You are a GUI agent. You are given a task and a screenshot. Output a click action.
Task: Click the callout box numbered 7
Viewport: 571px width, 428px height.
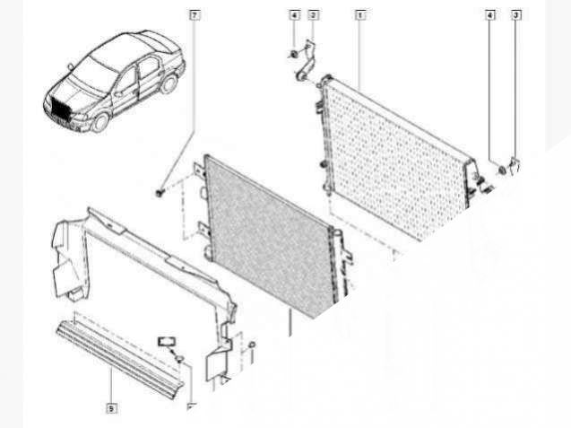point(195,15)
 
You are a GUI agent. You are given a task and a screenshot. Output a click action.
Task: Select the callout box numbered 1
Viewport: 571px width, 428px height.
point(359,15)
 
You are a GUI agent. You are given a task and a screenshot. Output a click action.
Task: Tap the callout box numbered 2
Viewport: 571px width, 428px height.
point(313,15)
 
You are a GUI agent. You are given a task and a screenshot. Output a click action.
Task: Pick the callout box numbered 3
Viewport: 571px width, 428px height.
point(516,15)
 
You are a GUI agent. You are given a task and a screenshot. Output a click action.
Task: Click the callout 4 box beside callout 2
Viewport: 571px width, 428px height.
point(295,15)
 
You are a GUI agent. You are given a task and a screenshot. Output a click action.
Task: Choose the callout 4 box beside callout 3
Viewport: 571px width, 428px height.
point(490,15)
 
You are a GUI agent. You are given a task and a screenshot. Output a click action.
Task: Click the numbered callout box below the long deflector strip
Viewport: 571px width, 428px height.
point(111,408)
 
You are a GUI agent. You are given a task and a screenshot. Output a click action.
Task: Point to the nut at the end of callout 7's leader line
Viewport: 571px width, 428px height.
point(160,193)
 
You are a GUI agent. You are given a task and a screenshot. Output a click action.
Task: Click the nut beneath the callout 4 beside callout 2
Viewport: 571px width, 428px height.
point(293,55)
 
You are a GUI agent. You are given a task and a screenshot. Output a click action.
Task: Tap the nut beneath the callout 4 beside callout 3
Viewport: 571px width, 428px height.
point(502,170)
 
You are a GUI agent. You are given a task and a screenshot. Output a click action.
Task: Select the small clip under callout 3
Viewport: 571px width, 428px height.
point(515,166)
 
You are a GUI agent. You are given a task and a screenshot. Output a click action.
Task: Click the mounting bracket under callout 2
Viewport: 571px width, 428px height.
point(305,61)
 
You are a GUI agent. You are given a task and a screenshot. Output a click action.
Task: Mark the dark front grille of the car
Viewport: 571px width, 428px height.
point(59,109)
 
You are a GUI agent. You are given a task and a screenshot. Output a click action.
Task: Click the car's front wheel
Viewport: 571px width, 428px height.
point(100,122)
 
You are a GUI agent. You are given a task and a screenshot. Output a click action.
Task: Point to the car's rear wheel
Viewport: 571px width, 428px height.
point(169,83)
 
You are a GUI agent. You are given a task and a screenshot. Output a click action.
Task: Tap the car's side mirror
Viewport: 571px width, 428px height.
point(70,66)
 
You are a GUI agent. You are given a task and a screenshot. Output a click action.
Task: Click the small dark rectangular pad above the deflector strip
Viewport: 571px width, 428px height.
point(166,341)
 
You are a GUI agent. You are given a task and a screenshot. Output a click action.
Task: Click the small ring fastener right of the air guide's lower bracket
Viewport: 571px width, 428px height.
point(251,345)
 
